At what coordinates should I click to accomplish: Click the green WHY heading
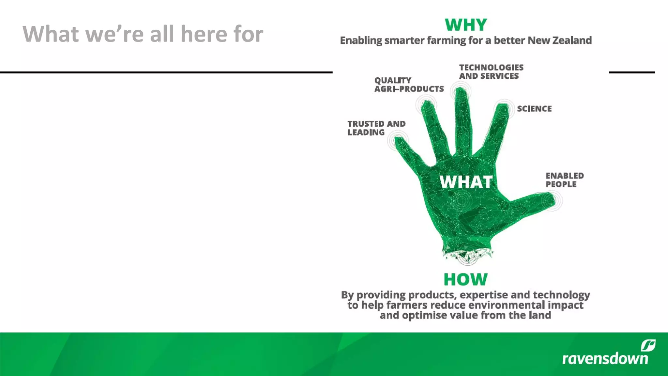466,25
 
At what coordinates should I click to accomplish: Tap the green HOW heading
465,280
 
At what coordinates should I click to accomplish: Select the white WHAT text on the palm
466,182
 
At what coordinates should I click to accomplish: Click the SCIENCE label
534,109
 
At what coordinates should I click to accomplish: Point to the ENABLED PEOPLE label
565,180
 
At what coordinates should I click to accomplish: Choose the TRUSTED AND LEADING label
376,128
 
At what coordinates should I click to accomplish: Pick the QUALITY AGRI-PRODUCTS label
409,85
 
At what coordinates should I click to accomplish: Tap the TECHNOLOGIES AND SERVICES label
491,72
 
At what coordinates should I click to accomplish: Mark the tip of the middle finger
461,92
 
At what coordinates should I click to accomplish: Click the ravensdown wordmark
605,358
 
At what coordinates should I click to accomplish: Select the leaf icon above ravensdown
648,345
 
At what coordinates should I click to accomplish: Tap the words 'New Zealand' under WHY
559,40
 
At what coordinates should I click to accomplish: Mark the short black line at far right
632,72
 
